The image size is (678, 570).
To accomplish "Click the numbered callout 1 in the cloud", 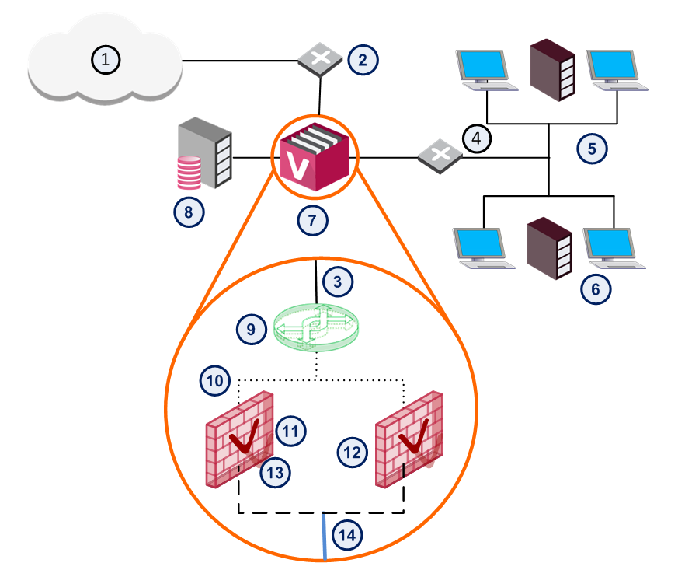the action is [106, 60].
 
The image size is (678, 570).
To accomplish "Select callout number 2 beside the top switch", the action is [363, 60].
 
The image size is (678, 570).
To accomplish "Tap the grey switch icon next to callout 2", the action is [320, 59].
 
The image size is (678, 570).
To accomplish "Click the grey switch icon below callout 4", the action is [440, 156].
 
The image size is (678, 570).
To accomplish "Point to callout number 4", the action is [477, 138].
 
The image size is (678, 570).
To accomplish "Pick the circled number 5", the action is [592, 149].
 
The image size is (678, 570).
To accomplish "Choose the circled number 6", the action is [596, 289].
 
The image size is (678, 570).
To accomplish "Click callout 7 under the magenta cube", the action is [312, 221].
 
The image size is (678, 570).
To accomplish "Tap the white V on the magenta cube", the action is [297, 166].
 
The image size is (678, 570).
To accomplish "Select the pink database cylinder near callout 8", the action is [189, 173].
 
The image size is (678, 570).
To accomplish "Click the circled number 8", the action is [189, 212].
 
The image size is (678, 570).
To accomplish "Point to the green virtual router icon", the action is [316, 327].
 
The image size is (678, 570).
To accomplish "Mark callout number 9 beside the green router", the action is [251, 330].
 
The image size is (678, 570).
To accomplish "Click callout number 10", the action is [215, 381].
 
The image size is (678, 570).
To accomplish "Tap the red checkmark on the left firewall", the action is [245, 436].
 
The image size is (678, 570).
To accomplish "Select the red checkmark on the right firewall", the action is [414, 436].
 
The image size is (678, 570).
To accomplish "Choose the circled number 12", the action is [352, 453].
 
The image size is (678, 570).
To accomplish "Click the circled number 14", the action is [347, 535].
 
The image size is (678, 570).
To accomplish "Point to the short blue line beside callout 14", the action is [325, 537].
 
